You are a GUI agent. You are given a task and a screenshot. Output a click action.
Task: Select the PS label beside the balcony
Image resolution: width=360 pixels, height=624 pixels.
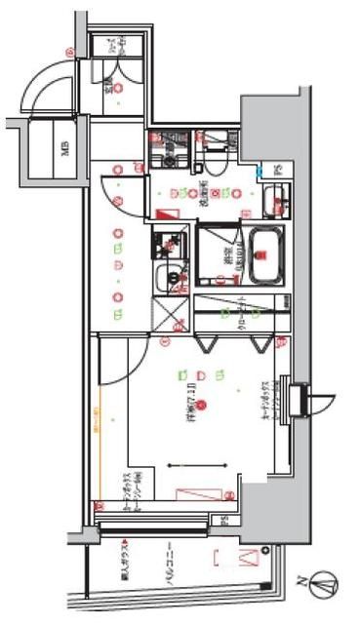(x=222, y=520)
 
